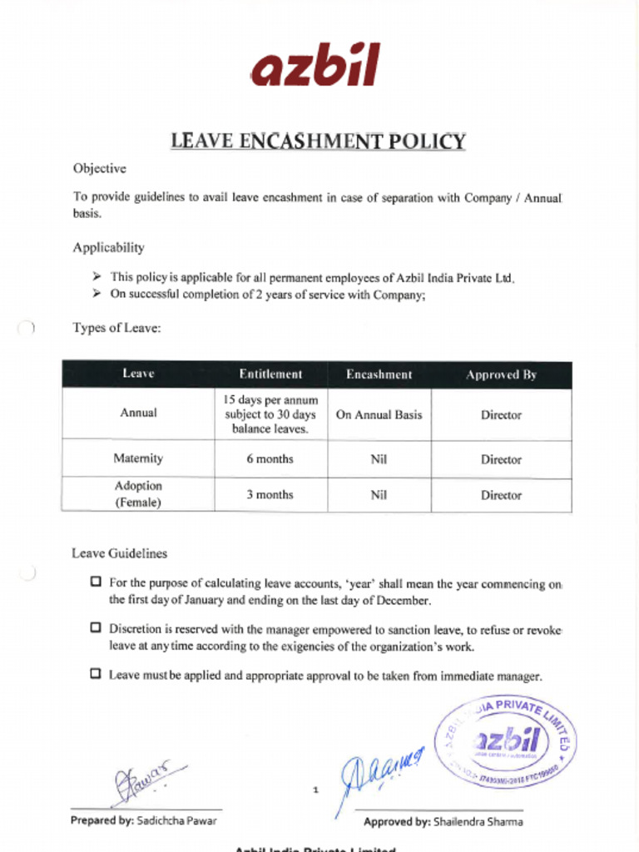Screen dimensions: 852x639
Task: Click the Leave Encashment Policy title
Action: click(318, 141)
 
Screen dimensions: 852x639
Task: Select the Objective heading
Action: click(99, 168)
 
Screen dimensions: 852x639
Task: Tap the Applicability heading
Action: click(108, 247)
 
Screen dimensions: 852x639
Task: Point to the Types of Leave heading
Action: click(116, 328)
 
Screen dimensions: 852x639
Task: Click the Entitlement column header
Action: click(270, 374)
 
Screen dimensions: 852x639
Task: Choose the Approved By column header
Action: click(501, 374)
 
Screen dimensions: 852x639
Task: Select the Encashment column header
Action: click(379, 374)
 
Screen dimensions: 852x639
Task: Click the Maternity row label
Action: click(138, 458)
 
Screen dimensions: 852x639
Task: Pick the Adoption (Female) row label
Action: click(138, 494)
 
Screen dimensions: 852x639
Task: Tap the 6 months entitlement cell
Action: click(270, 458)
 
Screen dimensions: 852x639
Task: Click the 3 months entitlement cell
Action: click(270, 494)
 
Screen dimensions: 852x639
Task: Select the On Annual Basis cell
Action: click(379, 414)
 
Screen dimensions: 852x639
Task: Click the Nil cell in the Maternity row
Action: click(379, 458)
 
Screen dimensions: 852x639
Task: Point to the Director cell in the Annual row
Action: click(501, 414)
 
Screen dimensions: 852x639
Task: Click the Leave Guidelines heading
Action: click(119, 553)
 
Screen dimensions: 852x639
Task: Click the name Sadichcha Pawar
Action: click(176, 820)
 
